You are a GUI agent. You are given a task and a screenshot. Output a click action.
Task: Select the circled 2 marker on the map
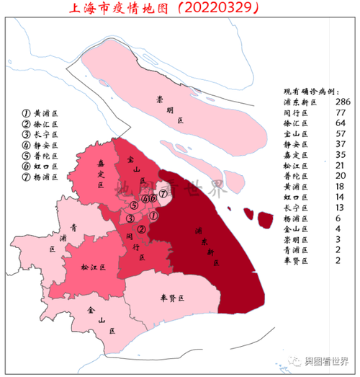[142, 230]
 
